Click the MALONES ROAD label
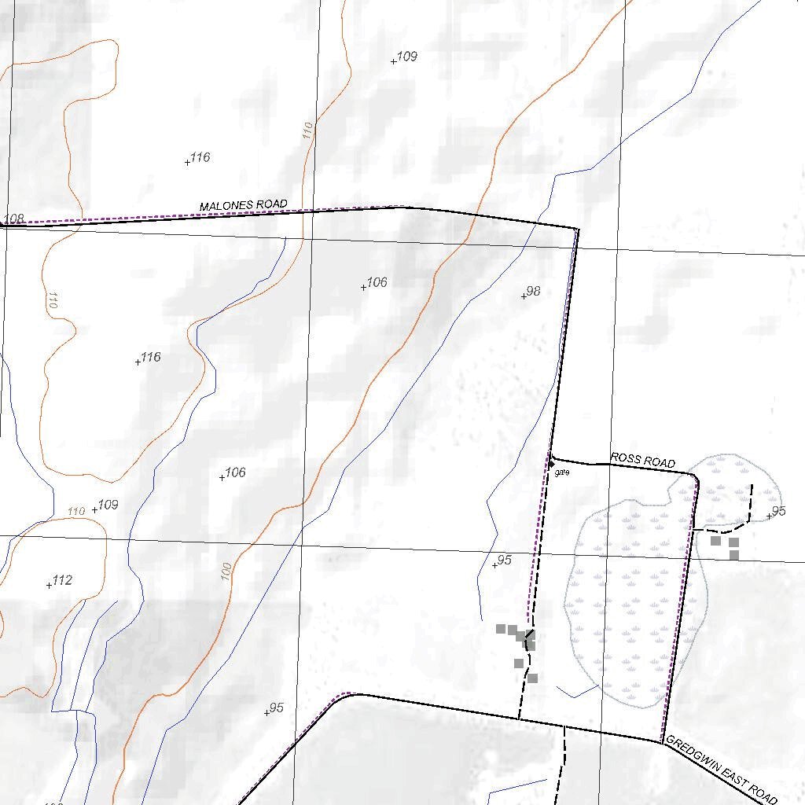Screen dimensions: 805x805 pos(243,205)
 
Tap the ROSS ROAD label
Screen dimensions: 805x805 pos(642,461)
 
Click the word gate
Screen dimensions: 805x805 pos(561,472)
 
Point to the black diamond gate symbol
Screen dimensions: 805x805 pos(551,465)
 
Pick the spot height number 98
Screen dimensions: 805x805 pos(534,291)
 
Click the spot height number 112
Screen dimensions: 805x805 pos(62,581)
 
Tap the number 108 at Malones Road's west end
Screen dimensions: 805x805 pos(14,219)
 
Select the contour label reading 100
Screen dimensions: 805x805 pos(227,572)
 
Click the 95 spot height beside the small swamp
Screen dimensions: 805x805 pos(778,512)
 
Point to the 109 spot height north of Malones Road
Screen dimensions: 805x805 pos(407,57)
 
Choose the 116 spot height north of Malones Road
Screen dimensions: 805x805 pos(200,157)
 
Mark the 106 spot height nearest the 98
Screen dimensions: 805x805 pos(377,282)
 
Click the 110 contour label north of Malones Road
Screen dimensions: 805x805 pos(307,130)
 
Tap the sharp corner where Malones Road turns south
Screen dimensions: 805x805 pos(578,229)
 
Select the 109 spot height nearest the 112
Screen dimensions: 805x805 pos(108,505)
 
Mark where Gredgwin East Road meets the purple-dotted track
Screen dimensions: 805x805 pos(663,741)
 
